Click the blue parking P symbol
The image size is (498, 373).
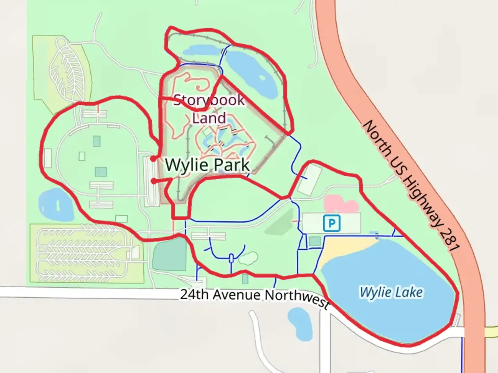coord(332,223)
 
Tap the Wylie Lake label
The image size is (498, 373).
coord(391,292)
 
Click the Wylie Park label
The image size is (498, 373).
coord(207,165)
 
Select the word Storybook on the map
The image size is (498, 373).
coord(209,100)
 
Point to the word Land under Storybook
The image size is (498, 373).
coord(209,118)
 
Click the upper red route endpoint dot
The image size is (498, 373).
coord(153,159)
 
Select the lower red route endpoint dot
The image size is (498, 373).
coord(153,180)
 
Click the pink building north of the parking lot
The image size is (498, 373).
coord(341,204)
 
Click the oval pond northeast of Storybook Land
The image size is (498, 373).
coord(251,73)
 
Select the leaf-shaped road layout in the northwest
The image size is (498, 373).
coord(67,69)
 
